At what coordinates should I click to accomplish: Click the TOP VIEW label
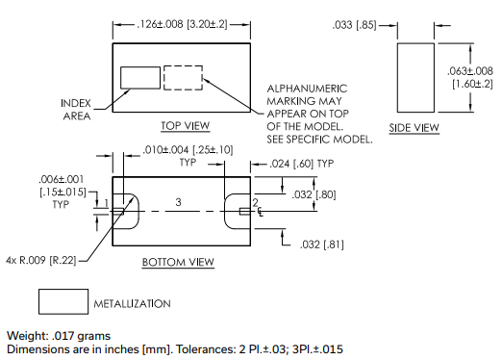click(x=185, y=125)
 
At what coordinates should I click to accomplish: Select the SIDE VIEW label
click(x=414, y=128)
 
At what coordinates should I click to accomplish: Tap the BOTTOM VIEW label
click(x=178, y=262)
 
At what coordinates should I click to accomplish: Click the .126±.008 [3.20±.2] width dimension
click(x=182, y=24)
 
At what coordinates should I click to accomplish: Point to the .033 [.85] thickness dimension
click(x=354, y=25)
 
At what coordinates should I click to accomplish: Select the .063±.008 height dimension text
click(x=470, y=71)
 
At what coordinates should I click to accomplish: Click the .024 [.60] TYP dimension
click(x=302, y=164)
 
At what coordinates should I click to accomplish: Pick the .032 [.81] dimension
click(x=322, y=244)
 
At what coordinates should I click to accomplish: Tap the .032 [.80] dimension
click(x=314, y=194)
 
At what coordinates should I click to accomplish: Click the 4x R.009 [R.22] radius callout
click(x=41, y=260)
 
